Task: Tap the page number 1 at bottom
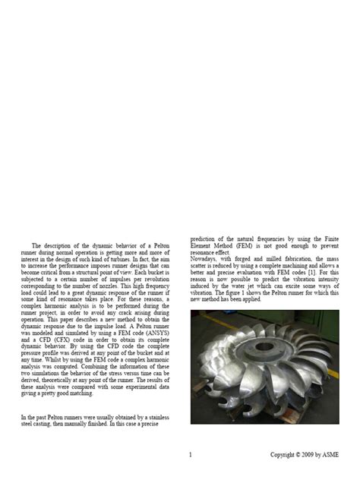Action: click(x=190, y=455)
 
